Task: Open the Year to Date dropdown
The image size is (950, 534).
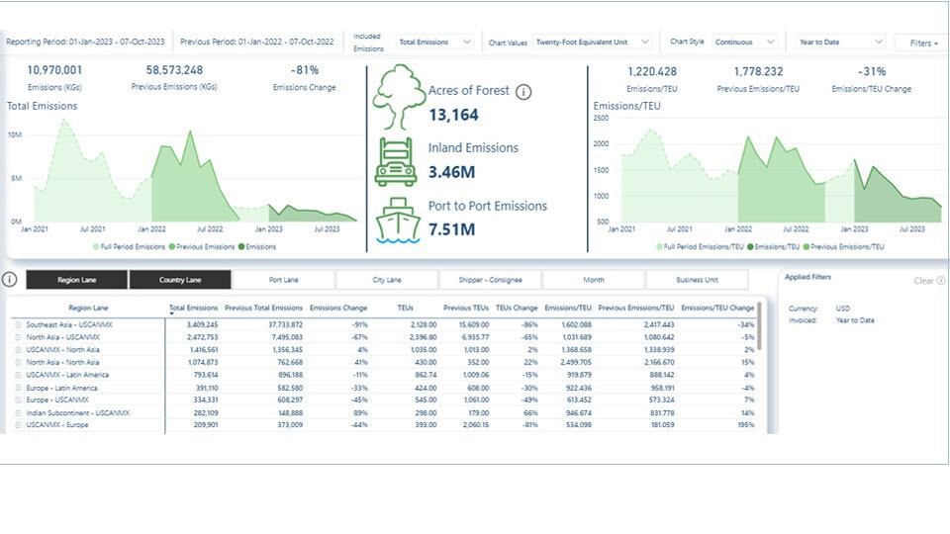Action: [x=841, y=43]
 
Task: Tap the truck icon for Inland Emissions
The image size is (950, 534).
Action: [x=396, y=162]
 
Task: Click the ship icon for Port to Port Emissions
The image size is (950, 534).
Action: [x=397, y=220]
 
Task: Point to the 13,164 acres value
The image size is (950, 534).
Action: [x=453, y=116]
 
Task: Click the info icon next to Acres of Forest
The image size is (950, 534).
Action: [x=524, y=92]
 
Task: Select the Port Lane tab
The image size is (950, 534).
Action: [x=283, y=280]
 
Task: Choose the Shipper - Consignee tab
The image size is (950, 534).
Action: [x=490, y=280]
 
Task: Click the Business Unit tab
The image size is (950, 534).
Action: [x=697, y=280]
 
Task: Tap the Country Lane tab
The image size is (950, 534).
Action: [x=180, y=280]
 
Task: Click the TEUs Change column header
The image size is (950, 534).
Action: [x=517, y=309]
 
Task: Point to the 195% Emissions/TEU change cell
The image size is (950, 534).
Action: [x=743, y=425]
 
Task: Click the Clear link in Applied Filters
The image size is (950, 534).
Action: [x=923, y=281]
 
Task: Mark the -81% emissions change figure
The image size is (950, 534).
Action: [x=304, y=71]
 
